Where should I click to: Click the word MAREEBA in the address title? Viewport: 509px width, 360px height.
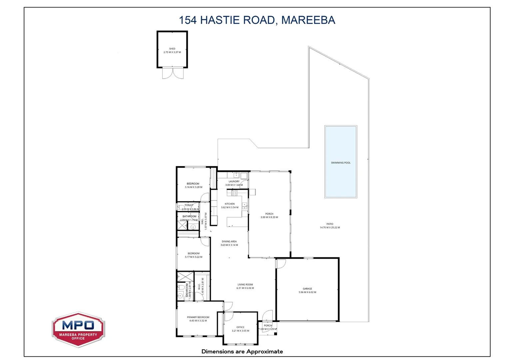click(x=308, y=20)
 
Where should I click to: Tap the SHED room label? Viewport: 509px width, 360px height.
click(x=172, y=49)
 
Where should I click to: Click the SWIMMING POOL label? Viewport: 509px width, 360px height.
click(x=340, y=163)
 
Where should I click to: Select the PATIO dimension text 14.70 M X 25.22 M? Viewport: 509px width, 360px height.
click(x=330, y=228)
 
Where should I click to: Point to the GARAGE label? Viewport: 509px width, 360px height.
click(x=307, y=289)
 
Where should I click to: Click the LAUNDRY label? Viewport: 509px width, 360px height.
click(x=234, y=181)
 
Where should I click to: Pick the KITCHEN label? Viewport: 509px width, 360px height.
click(x=230, y=204)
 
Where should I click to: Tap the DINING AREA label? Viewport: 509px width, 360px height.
click(x=229, y=241)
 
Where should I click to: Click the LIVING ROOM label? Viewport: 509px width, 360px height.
click(x=245, y=285)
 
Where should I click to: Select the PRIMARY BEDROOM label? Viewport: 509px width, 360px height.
click(x=198, y=317)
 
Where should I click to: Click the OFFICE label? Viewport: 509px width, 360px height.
click(x=240, y=327)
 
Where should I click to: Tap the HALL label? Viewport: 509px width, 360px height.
click(x=202, y=221)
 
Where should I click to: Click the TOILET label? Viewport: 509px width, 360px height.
click(x=189, y=205)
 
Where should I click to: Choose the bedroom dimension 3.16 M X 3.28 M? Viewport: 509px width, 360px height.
click(x=194, y=187)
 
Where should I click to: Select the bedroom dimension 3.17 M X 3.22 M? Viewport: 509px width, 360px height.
click(x=194, y=257)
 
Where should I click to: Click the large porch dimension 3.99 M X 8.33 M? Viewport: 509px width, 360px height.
click(x=269, y=217)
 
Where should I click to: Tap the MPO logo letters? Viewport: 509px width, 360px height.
click(x=78, y=325)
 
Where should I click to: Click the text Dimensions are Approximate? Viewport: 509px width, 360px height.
click(x=242, y=351)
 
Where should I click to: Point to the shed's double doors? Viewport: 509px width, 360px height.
click(x=173, y=73)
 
